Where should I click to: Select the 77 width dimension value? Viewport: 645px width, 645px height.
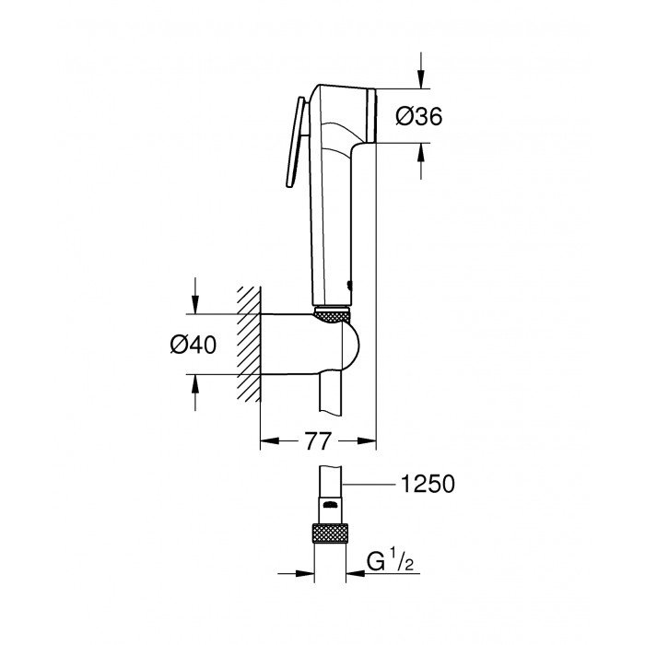point(317,441)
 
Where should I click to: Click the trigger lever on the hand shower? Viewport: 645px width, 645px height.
point(298,143)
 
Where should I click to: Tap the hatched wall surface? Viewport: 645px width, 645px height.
point(247,343)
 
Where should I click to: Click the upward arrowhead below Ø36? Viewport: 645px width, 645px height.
point(421,153)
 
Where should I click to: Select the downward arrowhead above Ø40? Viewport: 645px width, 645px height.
point(194,305)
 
